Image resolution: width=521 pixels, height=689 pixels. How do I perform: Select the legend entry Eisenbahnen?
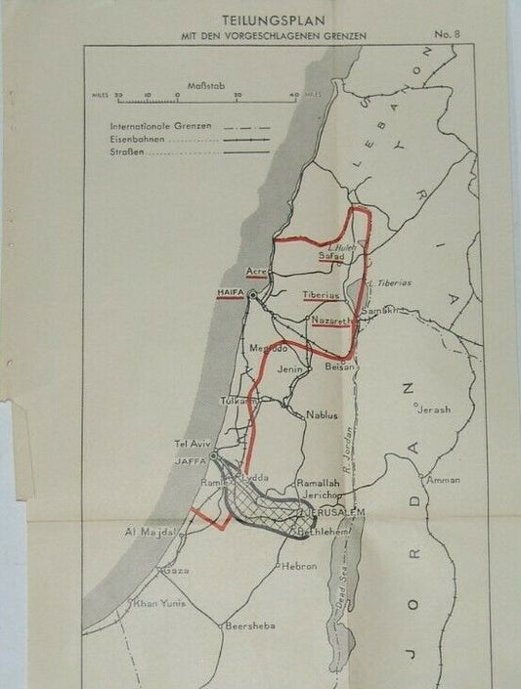pyautogui.click(x=139, y=140)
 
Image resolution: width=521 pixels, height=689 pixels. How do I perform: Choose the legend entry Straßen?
pyautogui.click(x=128, y=152)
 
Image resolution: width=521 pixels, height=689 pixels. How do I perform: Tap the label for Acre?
pyautogui.click(x=256, y=271)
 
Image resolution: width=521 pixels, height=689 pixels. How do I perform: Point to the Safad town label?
pyautogui.click(x=332, y=255)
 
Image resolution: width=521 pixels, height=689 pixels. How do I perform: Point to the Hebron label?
pyautogui.click(x=299, y=565)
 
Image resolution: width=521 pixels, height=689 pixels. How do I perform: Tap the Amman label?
pyautogui.click(x=443, y=480)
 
